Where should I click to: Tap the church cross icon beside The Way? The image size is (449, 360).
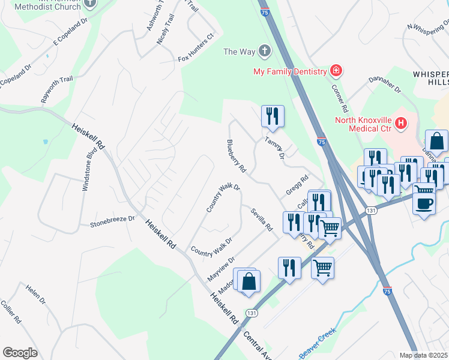pos(264,52)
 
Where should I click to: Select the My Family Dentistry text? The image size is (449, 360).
pos(289,72)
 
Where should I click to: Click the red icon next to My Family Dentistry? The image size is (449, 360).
pos(336,71)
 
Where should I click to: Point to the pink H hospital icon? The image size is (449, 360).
pos(401,125)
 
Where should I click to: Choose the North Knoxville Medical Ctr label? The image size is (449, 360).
pos(363,124)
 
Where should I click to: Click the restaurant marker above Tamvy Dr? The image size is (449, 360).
pos(273,116)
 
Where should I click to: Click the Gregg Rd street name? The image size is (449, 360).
pos(297,185)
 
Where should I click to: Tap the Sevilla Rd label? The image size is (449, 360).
pos(263,220)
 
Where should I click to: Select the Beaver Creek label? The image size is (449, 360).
pos(318,342)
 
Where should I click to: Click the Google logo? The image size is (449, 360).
pos(20,353)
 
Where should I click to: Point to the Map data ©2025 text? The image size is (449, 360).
pos(424,355)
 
